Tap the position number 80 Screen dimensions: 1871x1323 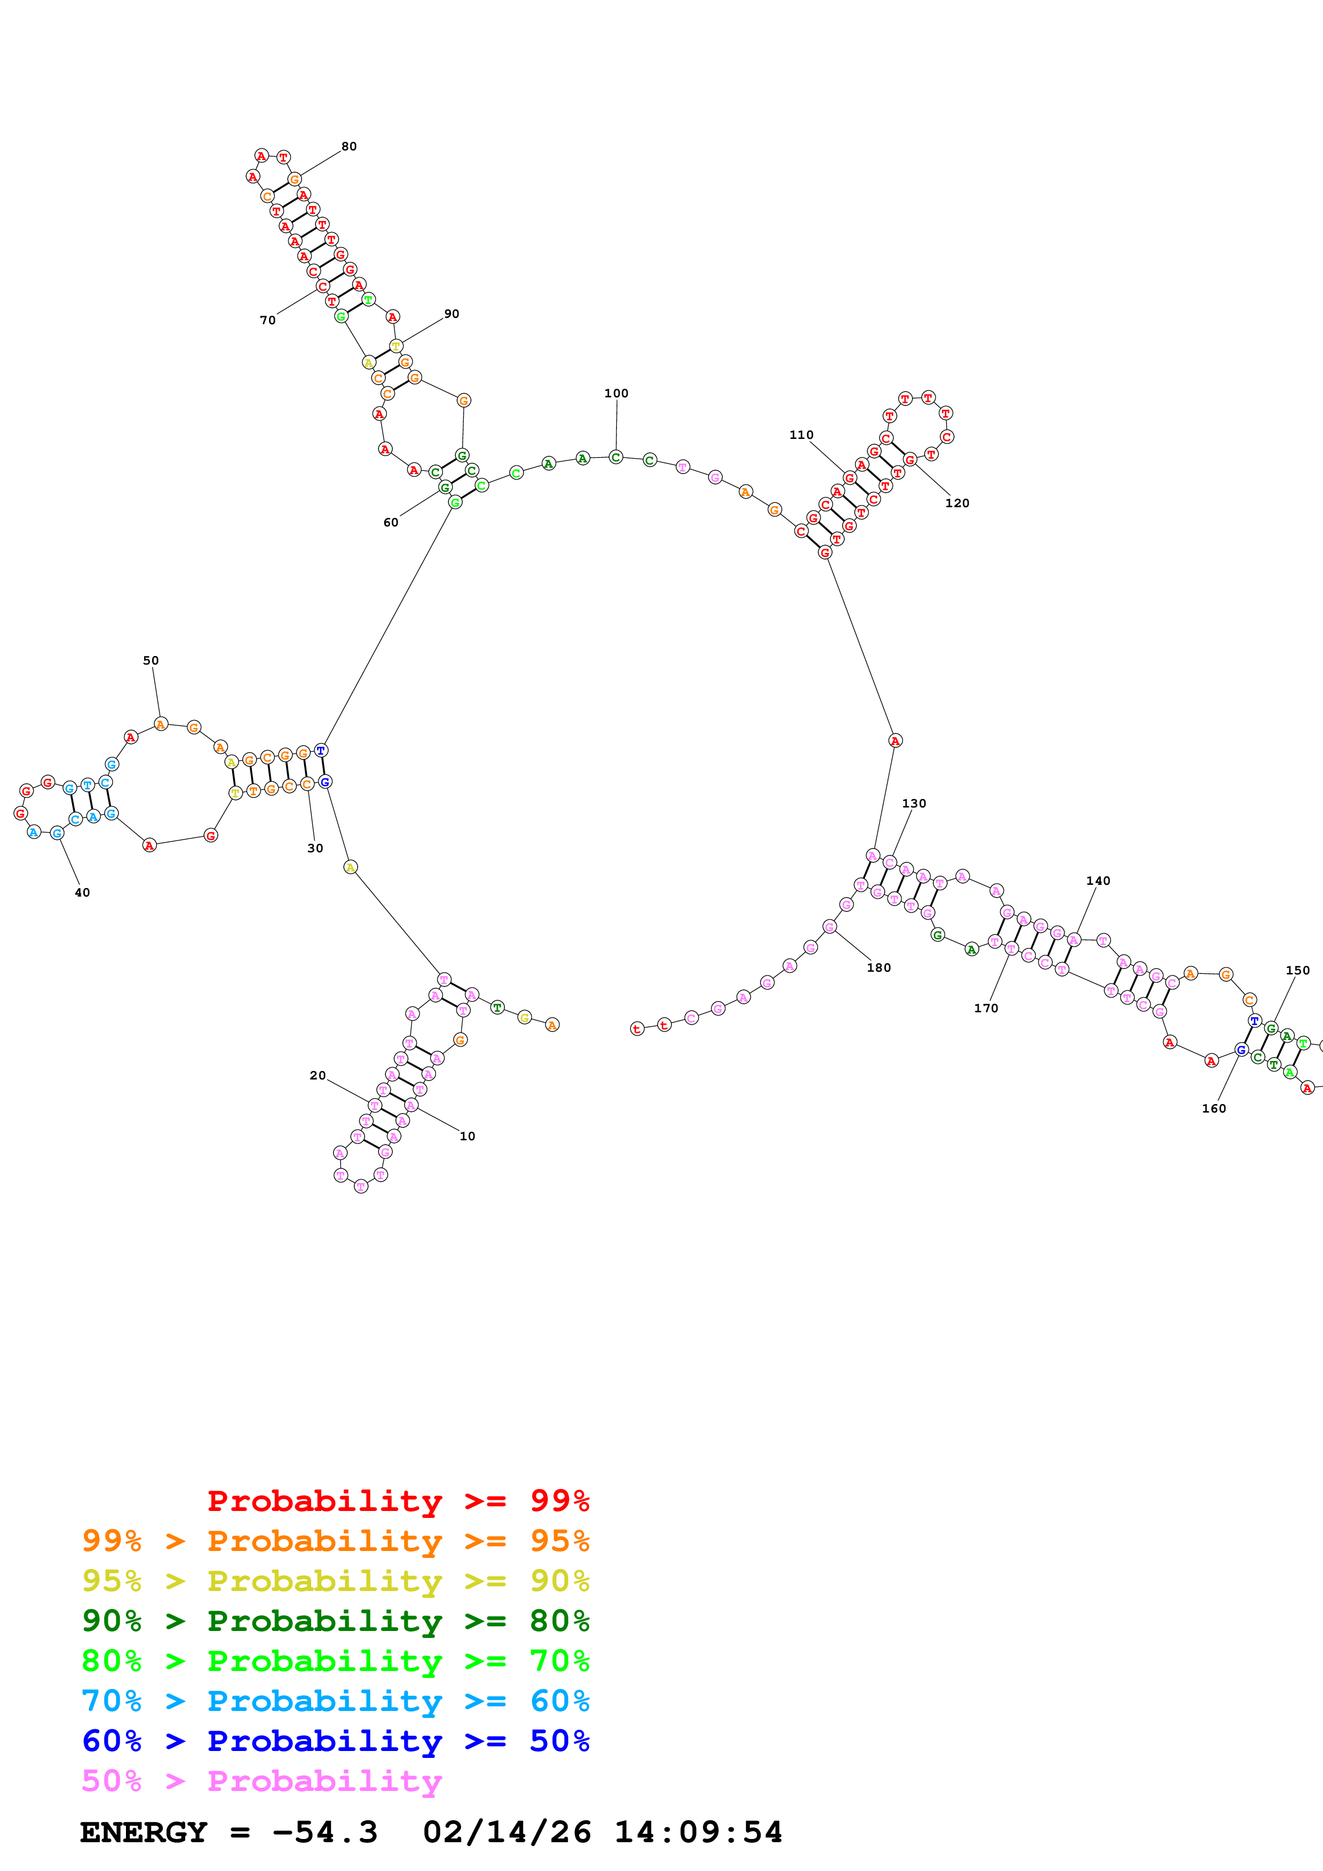pos(349,147)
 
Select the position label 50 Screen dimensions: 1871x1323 pos(151,661)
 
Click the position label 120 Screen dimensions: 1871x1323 pos(957,503)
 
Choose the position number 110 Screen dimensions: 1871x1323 pos(801,435)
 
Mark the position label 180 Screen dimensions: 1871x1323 pos(879,968)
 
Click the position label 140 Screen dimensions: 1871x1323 pos(1098,881)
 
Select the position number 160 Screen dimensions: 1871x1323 pos(1214,1109)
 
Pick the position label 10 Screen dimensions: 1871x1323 pos(467,1137)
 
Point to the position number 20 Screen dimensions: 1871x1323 pos(318,1076)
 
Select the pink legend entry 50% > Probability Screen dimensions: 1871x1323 pos(262,1781)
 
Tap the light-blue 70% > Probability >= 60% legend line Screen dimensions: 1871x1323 pos(335,1701)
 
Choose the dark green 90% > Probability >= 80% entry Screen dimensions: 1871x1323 pos(335,1621)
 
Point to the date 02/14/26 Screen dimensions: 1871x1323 pos(507,1833)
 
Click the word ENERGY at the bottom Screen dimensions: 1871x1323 pos(144,1833)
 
